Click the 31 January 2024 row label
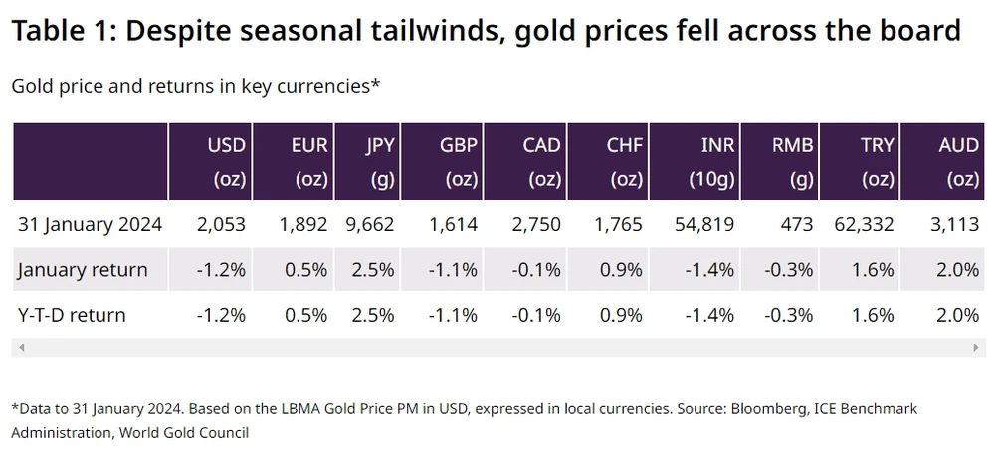(91, 224)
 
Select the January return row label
(83, 269)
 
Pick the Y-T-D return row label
(73, 315)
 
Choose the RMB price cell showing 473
(799, 224)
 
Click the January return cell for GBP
(458, 269)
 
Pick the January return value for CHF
(625, 269)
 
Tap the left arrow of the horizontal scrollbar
(22, 347)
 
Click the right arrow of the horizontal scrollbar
(977, 347)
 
